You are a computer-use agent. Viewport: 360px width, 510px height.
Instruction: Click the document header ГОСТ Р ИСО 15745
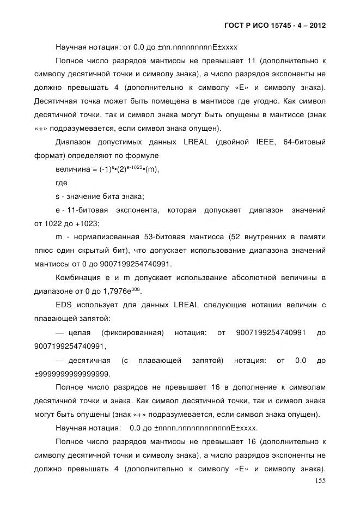coord(275,25)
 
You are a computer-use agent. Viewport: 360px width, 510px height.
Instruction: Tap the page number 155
coord(320,481)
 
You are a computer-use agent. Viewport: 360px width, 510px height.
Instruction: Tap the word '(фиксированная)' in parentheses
coord(132,332)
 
